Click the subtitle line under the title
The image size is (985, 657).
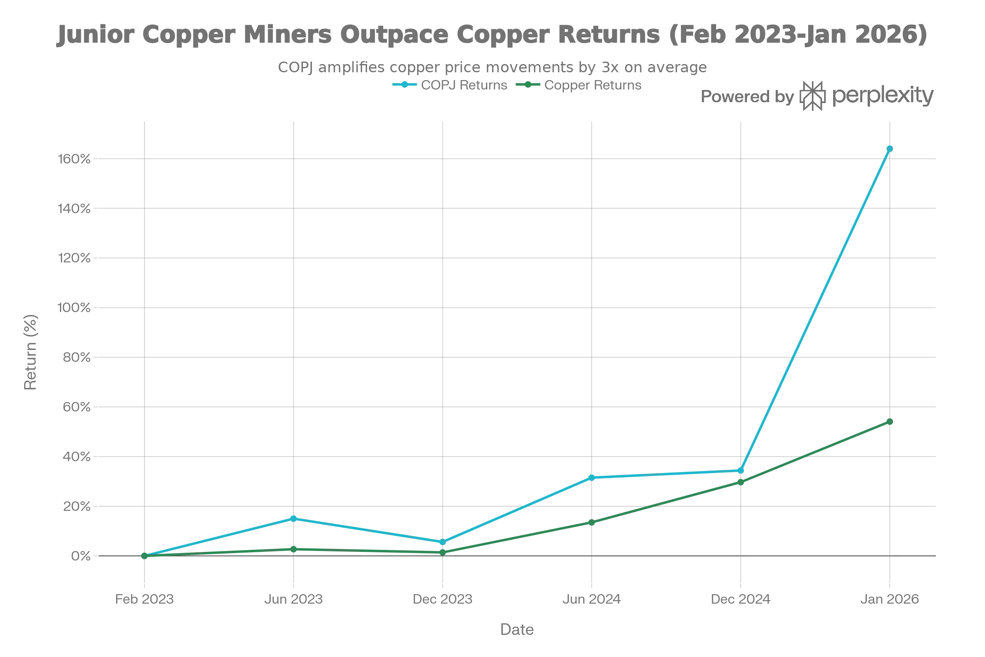492,67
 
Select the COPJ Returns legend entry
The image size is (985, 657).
450,86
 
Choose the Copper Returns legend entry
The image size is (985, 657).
580,86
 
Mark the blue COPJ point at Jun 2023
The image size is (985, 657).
293,518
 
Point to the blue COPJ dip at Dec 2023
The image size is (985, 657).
442,542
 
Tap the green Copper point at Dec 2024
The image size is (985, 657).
741,482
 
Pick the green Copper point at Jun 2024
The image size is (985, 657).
592,522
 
